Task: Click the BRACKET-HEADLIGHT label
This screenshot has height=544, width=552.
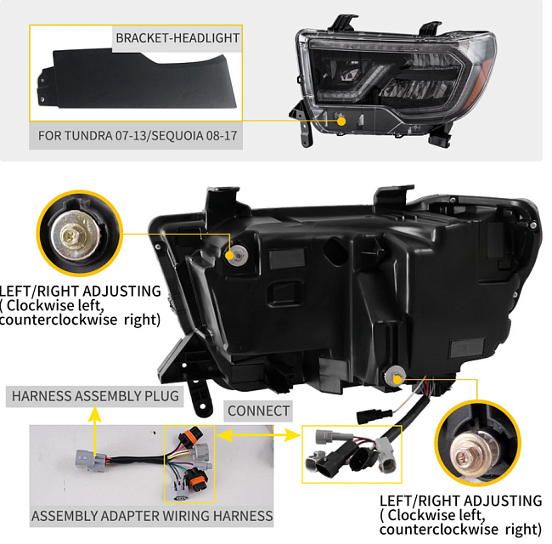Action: point(177,37)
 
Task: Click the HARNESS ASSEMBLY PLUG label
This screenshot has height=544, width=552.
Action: point(95,396)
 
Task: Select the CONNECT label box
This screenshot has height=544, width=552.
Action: point(259,411)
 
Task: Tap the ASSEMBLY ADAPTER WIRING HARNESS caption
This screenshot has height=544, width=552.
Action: point(152,516)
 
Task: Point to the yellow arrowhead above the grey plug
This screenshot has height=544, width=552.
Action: point(95,416)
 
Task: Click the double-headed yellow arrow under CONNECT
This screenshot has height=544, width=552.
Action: point(259,434)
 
